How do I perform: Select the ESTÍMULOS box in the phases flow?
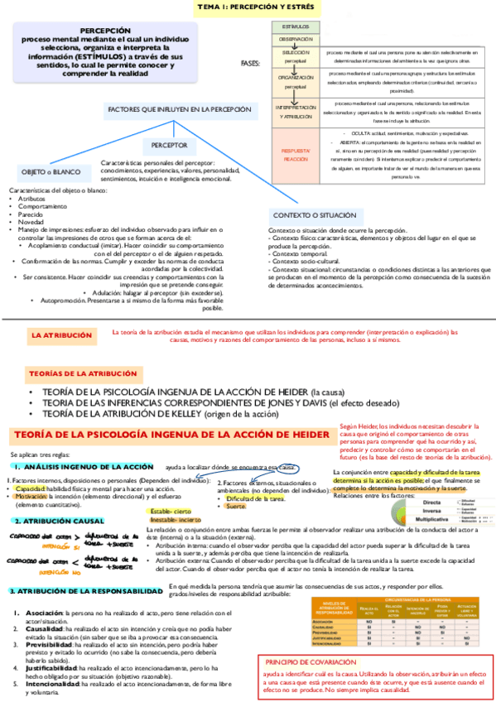296,27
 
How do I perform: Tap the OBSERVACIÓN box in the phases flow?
296,39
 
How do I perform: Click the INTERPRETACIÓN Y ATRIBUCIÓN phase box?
296,113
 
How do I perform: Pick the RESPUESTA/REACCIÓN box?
296,154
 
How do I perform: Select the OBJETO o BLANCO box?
51,171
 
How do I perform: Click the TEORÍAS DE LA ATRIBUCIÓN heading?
81,373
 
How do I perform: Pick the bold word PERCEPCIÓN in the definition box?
106,28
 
